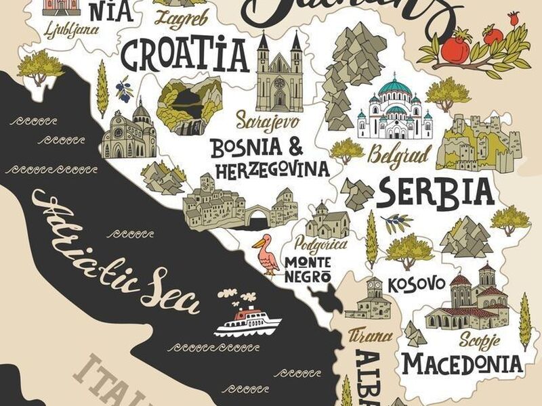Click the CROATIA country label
(185, 54)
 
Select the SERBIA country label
(436, 191)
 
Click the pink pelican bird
(266, 254)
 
